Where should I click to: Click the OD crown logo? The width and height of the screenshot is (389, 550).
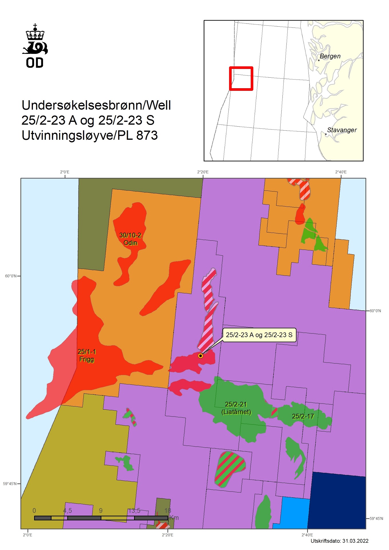pyautogui.click(x=35, y=46)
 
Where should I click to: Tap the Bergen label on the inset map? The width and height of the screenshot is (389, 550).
pyautogui.click(x=330, y=56)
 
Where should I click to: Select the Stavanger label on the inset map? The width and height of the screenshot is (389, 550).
pyautogui.click(x=342, y=130)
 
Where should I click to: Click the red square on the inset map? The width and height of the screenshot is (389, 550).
pyautogui.click(x=241, y=78)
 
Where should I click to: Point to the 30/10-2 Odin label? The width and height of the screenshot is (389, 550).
pyautogui.click(x=130, y=239)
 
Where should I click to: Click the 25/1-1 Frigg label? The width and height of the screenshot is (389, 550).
pyautogui.click(x=87, y=355)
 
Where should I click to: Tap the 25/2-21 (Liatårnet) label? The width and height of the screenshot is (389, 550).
pyautogui.click(x=236, y=408)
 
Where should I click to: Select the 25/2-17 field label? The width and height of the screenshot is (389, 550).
pyautogui.click(x=303, y=416)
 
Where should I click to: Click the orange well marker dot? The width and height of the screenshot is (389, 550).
pyautogui.click(x=201, y=356)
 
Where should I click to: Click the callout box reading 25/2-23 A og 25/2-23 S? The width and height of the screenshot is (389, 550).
pyautogui.click(x=259, y=335)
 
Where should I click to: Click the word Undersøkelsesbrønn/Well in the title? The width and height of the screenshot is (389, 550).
pyautogui.click(x=96, y=105)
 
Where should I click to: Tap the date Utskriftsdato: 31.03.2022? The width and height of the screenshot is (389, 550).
pyautogui.click(x=339, y=541)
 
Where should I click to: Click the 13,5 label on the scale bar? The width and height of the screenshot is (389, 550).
pyautogui.click(x=134, y=510)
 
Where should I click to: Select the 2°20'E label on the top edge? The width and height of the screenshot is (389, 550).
pyautogui.click(x=203, y=172)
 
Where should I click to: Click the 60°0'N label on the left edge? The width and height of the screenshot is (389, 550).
pyautogui.click(x=11, y=276)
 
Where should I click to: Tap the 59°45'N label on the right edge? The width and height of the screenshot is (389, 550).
pyautogui.click(x=376, y=518)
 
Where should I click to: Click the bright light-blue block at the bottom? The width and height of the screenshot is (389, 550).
pyautogui.click(x=294, y=513)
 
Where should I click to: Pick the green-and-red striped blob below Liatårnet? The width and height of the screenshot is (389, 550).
pyautogui.click(x=230, y=469)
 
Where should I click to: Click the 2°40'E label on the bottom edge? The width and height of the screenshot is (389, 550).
pyautogui.click(x=307, y=535)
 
